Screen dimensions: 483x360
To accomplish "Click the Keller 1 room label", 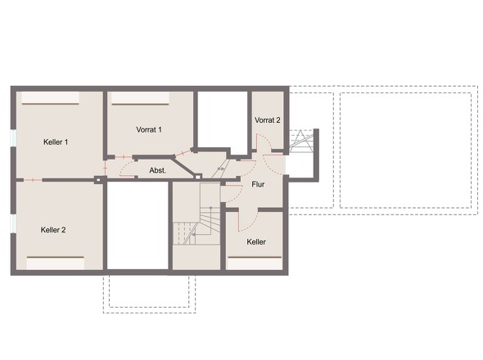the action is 56,142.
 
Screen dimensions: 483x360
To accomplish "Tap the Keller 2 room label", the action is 53,230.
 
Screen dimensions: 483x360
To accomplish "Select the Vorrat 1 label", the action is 149,129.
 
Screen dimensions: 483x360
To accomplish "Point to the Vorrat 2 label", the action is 268,120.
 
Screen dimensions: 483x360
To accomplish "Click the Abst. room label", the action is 157,170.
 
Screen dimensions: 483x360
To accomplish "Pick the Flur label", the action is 258,184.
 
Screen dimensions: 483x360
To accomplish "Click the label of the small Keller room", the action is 256,241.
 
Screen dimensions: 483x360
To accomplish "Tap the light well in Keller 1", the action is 50,98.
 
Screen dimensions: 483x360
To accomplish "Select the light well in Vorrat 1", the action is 140,98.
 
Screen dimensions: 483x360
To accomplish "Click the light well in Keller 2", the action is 56,263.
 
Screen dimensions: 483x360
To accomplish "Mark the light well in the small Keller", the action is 255,263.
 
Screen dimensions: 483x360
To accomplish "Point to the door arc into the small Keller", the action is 249,223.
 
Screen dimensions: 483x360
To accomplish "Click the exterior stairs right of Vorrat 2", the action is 301,142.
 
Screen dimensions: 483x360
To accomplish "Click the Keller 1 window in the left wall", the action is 13,137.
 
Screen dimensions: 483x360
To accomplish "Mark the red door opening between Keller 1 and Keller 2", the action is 33,180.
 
